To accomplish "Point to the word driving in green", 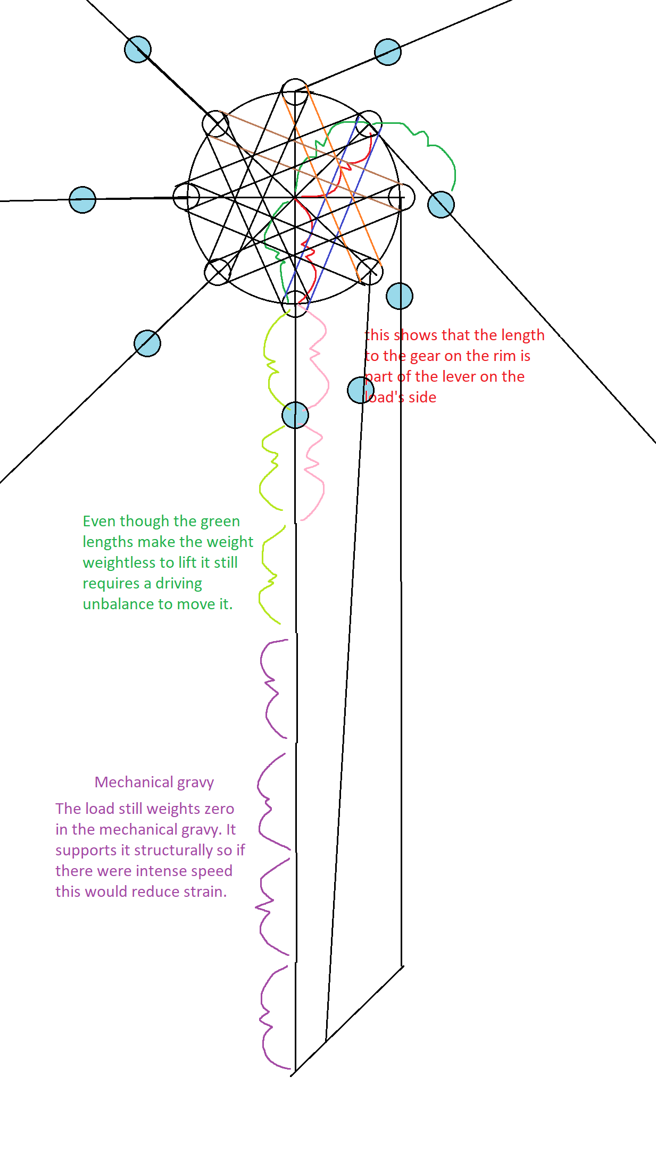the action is tap(178, 584).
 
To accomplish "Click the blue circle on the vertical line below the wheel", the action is tap(295, 415).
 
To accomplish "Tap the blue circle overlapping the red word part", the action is tap(360, 390).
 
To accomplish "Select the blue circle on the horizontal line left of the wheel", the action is tap(82, 200).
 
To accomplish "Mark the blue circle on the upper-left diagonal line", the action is tap(138, 49).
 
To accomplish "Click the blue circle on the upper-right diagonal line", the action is tap(388, 52).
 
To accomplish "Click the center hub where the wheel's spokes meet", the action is tap(295, 197).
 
